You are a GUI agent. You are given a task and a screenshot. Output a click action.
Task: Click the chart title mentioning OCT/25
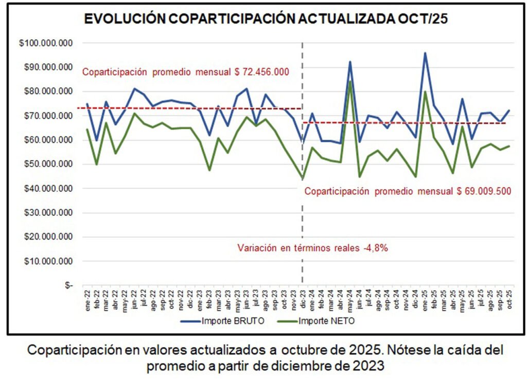point(266,20)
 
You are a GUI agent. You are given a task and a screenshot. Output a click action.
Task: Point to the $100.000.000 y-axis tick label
point(45,43)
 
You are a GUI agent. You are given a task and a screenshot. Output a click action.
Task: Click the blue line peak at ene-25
point(425,52)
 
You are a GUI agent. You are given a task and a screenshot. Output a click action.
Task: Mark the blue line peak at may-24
point(350,62)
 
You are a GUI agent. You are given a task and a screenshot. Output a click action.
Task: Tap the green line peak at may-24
point(350,81)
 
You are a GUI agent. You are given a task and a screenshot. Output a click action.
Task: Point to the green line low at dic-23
point(302,178)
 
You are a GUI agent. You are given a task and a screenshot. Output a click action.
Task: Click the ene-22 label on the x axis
point(86,299)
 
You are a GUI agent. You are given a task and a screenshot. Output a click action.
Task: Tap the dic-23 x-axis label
point(302,299)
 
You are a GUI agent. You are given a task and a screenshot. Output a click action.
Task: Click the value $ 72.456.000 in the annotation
point(261,72)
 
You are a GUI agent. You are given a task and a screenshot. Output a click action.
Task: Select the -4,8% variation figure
point(376,247)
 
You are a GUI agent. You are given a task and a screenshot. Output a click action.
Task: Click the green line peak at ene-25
point(425,92)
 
